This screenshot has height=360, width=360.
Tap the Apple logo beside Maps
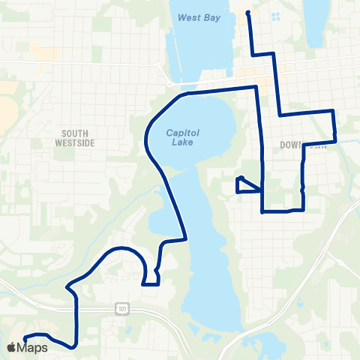coord(12,347)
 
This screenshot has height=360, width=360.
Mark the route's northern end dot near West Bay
coord(248,12)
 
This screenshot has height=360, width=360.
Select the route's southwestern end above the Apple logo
coord(25,337)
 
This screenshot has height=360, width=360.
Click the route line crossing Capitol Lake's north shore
coord(217,90)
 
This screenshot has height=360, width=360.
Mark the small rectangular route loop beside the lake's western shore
coord(151,277)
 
